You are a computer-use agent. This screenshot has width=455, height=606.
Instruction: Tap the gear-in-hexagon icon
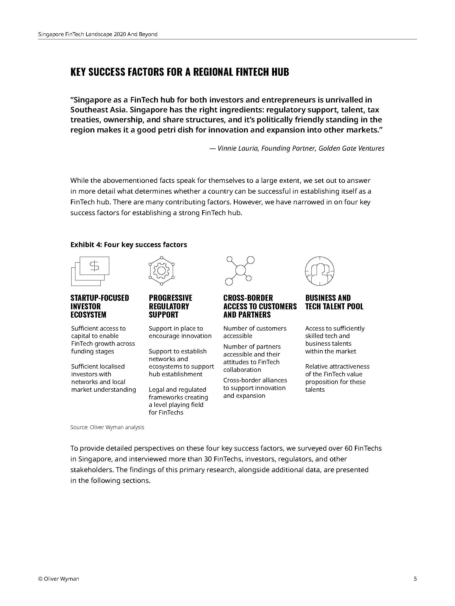[x=161, y=271]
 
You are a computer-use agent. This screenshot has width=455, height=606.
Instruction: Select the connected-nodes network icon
[x=240, y=270]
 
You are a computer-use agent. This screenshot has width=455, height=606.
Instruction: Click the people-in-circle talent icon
[x=319, y=271]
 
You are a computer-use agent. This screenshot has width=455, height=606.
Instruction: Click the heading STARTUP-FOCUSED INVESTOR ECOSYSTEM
[x=100, y=306]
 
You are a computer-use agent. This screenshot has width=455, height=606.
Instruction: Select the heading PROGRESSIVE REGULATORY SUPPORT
[x=170, y=306]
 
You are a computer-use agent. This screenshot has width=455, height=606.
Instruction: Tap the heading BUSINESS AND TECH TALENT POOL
[x=334, y=302]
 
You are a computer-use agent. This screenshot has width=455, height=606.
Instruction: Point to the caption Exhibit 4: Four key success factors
[x=128, y=245]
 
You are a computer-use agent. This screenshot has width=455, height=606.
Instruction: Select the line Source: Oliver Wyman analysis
[x=107, y=427]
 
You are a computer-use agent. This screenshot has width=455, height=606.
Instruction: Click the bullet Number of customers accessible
[x=254, y=332]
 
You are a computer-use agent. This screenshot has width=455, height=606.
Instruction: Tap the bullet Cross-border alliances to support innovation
[x=254, y=388]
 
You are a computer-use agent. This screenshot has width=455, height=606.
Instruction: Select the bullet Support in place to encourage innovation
[x=180, y=332]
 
